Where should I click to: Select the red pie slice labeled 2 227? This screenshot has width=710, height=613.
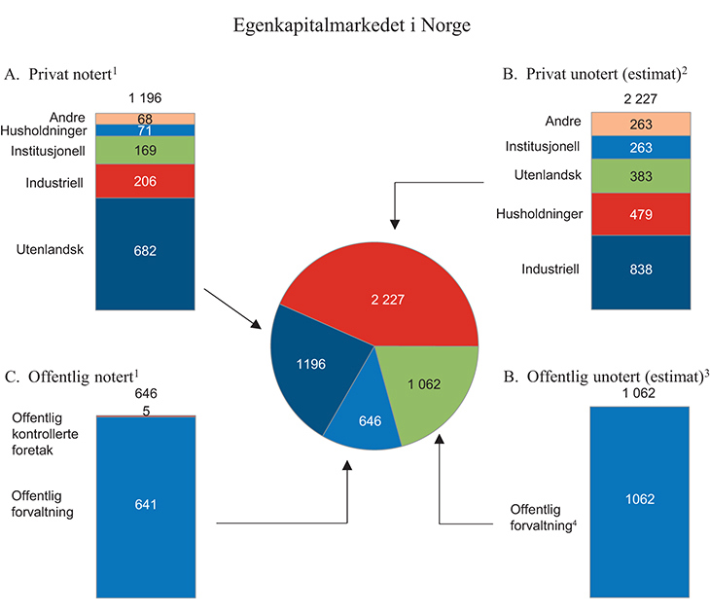(x=389, y=292)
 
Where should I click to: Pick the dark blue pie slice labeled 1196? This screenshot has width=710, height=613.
(x=311, y=365)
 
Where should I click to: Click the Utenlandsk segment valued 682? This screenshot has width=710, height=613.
(x=143, y=251)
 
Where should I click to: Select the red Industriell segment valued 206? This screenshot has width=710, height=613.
(x=143, y=181)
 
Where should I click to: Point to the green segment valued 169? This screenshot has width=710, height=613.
(x=143, y=151)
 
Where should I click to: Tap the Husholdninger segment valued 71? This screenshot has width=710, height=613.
(x=143, y=129)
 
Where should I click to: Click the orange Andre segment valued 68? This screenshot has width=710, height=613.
(x=143, y=119)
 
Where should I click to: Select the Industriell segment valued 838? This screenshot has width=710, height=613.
(x=640, y=271)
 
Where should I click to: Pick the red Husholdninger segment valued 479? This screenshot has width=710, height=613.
(x=640, y=214)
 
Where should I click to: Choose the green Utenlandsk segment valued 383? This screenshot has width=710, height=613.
(x=640, y=175)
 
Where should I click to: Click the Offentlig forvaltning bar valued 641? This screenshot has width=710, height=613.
(x=143, y=504)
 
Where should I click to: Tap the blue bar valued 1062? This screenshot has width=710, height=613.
(x=640, y=499)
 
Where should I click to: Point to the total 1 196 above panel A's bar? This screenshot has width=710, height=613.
(x=144, y=98)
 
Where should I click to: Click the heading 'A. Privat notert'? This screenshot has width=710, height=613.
(x=67, y=74)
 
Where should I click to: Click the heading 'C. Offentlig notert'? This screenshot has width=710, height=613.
(x=75, y=375)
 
